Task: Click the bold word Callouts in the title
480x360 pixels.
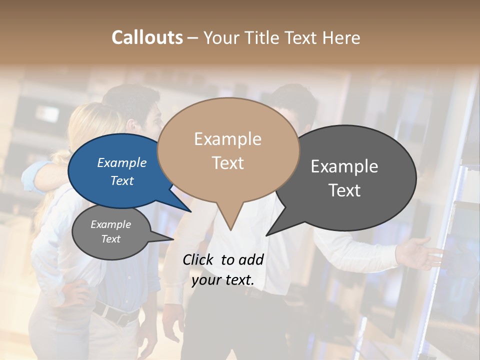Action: (147, 37)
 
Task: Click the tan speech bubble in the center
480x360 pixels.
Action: (228, 150)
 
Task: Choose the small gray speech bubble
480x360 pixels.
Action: (111, 232)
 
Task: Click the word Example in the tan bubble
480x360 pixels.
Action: (228, 139)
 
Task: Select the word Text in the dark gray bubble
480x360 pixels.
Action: (344, 190)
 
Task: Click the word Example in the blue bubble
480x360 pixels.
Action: (122, 163)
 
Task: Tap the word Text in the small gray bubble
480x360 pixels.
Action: (111, 239)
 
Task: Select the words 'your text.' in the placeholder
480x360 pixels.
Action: (222, 280)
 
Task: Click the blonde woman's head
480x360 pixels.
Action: (92, 125)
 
